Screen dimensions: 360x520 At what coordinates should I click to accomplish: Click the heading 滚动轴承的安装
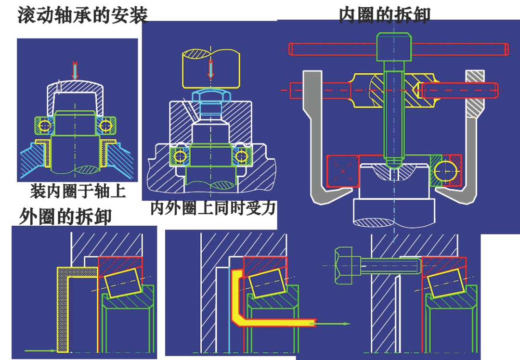coord(82,15)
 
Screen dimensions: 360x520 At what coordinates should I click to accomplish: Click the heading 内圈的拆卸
coord(384,14)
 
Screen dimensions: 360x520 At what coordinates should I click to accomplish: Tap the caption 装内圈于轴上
coord(78,191)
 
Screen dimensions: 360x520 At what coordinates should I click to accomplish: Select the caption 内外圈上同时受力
coord(213,208)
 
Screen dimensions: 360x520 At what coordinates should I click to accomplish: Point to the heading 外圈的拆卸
coord(65,216)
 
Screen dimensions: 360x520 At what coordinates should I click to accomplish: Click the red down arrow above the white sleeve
coord(74,70)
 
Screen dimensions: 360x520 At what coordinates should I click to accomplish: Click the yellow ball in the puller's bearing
coord(447,170)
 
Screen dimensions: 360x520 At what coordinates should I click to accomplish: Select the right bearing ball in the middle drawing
coord(239,156)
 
